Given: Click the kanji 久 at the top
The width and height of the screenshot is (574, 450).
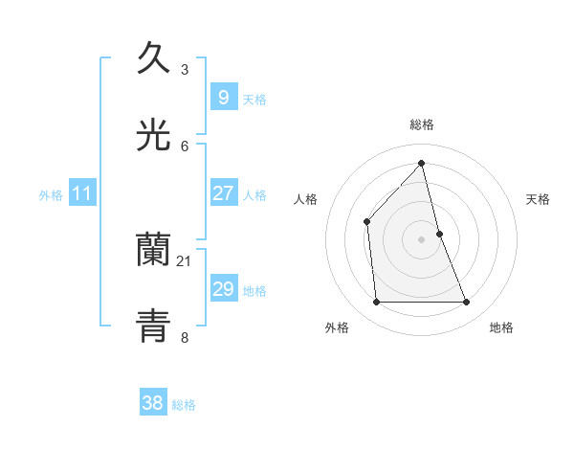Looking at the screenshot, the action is point(154,59).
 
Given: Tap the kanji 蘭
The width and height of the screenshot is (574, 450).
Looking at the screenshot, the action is point(154,250).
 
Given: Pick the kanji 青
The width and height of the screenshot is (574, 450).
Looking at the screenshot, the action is point(154,326).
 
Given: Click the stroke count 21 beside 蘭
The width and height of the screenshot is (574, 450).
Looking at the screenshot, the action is point(185,261).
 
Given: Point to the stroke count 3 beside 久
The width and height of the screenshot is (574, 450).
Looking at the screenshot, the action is point(185,70).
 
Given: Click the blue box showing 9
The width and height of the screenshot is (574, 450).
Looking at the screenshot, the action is point(223,97).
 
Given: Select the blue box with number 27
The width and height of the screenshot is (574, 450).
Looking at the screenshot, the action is point(223,192).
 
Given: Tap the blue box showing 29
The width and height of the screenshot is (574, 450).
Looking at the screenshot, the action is point(223,289).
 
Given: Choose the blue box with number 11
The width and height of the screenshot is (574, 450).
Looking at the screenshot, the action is point(81,194).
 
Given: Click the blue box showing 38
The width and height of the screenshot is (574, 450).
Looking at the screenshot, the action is point(153,403).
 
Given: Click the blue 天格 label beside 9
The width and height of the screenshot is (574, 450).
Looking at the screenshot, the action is point(254,99).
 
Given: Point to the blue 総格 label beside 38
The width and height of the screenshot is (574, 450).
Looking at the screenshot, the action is point(184,405).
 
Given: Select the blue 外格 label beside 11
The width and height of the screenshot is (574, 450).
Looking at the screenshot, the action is point(51,195).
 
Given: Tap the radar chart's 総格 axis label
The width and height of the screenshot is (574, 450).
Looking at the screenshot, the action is point(422,124).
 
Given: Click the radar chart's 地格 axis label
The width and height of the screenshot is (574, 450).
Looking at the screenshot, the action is point(501,327).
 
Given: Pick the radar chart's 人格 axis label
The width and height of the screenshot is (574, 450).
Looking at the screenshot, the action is point(306,199).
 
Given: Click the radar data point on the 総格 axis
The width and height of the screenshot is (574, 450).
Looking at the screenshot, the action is point(422,164).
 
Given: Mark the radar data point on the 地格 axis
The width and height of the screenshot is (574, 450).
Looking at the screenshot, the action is point(467,303).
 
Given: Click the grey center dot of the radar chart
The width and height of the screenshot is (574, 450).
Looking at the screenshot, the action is point(422,239).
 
